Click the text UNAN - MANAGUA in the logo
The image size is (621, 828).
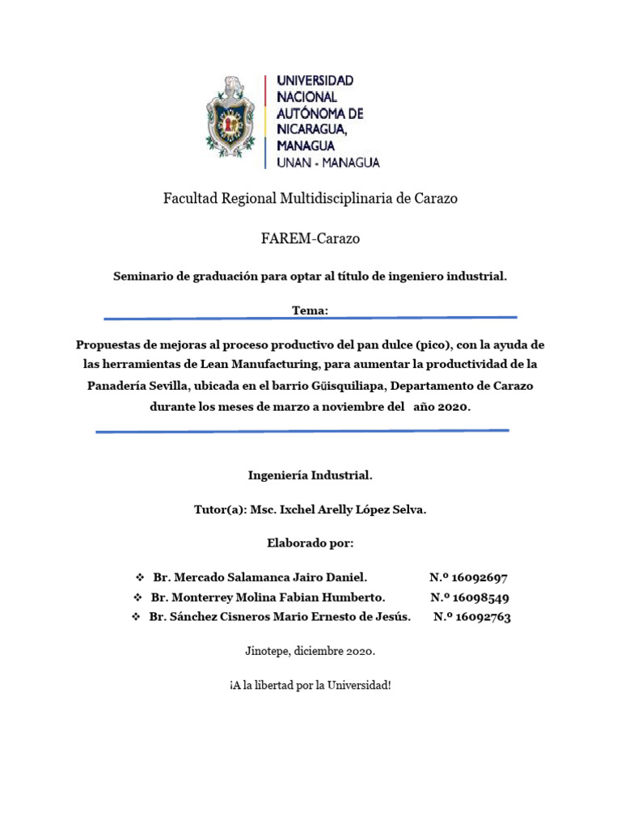click(x=327, y=163)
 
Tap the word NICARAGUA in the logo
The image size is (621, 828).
click(x=312, y=129)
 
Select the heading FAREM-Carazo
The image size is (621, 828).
click(x=310, y=239)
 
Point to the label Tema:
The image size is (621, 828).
click(x=310, y=310)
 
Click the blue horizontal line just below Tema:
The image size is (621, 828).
click(x=310, y=318)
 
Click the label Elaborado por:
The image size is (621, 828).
click(x=310, y=543)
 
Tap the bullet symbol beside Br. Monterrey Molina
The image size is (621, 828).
click(x=137, y=598)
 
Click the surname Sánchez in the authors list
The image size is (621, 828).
click(x=195, y=618)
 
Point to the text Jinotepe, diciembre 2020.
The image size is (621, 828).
click(x=310, y=650)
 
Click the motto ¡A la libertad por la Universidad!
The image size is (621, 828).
click(x=310, y=685)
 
